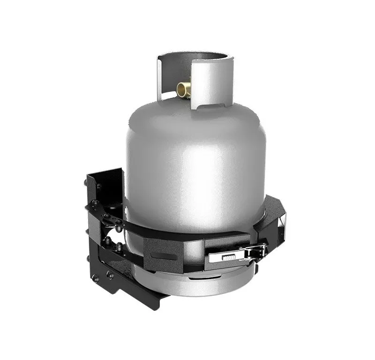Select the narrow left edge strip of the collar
[159, 77]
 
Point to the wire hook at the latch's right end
[259, 251]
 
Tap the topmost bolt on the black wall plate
[98, 187]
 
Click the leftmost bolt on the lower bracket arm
[95, 277]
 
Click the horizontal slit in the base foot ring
[206, 280]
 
